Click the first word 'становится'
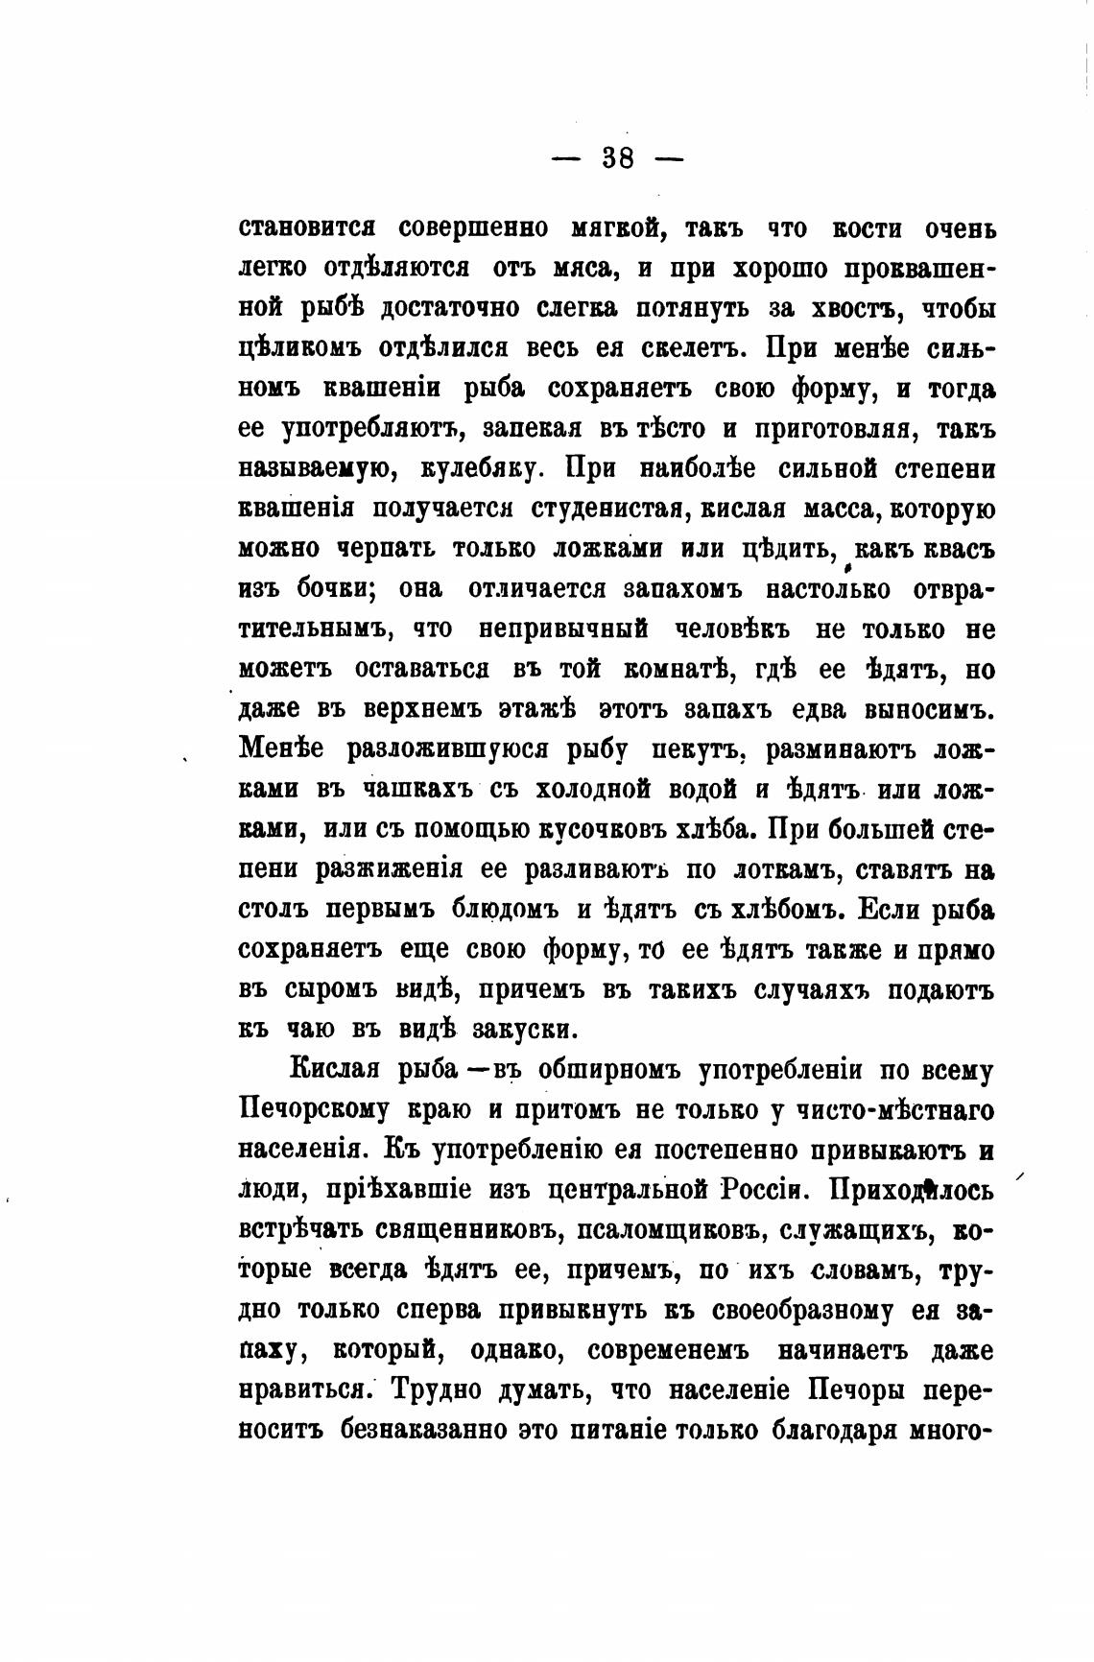click(305, 229)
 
